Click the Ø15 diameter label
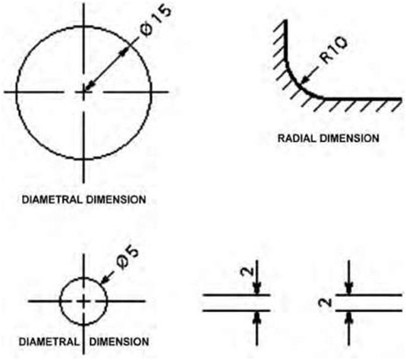156,21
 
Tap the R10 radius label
333,50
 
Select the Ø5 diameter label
127,257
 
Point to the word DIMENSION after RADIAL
349,138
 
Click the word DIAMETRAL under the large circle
52,200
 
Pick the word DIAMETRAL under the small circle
49,342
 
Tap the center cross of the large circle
83,92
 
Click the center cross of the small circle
83,302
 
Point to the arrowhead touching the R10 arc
306,78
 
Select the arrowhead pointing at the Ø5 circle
105,280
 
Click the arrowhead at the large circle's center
90,86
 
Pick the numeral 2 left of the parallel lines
326,302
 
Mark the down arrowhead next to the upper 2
257,289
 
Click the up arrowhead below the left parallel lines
257,317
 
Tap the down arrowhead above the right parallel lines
349,289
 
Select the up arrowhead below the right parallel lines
349,317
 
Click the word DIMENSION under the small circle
119,342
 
